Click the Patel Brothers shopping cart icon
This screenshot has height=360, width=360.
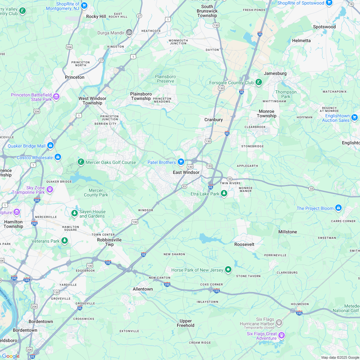[181, 162]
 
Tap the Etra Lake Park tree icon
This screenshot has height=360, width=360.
[224, 194]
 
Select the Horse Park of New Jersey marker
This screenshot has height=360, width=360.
[228, 269]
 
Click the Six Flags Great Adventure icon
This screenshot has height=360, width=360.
[282, 336]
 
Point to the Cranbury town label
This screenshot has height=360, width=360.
[213, 120]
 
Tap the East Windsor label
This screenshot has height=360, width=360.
[186, 172]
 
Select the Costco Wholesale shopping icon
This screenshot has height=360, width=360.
[58, 157]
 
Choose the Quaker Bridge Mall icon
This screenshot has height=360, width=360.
[50, 146]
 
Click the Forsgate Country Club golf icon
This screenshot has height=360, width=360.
[258, 82]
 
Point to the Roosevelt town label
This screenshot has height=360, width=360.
[244, 244]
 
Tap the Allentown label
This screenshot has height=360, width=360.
[143, 289]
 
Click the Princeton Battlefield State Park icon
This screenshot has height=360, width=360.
[56, 96]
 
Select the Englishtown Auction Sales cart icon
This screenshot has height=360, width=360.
[355, 117]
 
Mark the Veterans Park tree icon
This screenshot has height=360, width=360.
[65, 240]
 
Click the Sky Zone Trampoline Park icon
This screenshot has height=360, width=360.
[50, 189]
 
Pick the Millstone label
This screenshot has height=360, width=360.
[288, 232]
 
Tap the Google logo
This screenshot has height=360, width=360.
[11, 356]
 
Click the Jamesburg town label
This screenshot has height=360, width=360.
[275, 73]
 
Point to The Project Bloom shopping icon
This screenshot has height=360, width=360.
[338, 208]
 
